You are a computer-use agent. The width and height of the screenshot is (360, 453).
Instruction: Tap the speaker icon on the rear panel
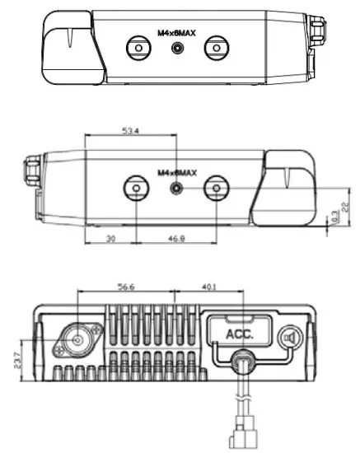point(288,338)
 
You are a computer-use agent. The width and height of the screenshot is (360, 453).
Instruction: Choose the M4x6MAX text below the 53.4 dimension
point(176,173)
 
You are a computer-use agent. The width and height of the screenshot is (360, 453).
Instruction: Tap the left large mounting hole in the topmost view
point(138,49)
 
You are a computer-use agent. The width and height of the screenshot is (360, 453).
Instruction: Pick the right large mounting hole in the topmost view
point(216,49)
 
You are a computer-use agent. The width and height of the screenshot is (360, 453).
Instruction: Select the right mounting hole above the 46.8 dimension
point(216,188)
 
